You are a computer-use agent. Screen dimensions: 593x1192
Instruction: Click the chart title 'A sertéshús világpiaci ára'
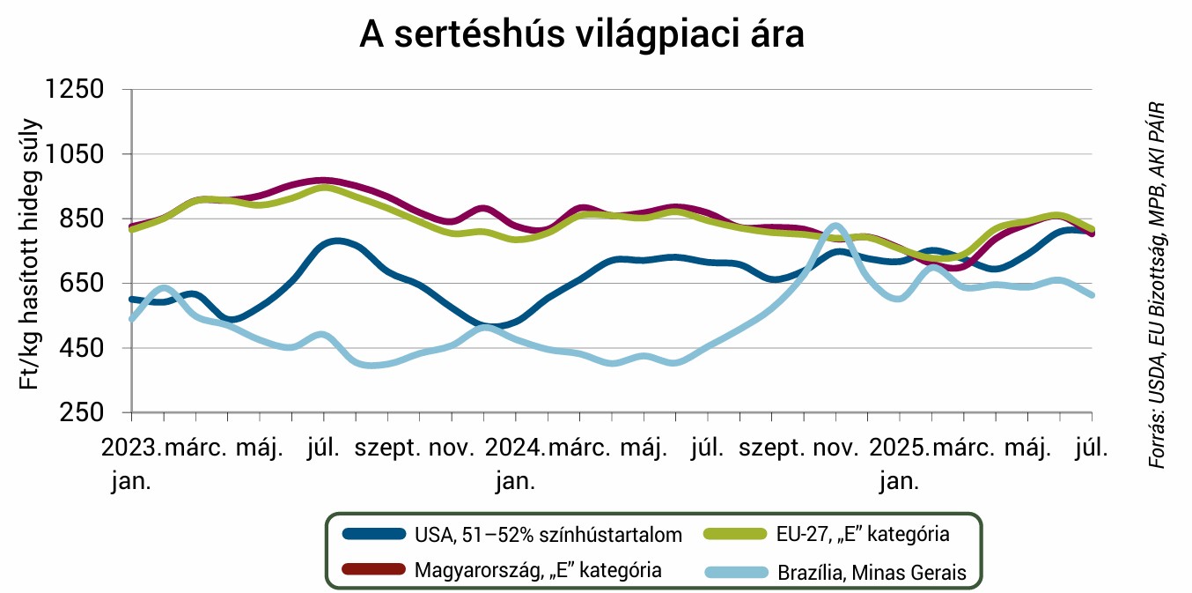[582, 35]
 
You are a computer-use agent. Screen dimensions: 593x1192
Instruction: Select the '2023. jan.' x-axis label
[131, 463]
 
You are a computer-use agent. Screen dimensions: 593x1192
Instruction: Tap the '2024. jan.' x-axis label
[515, 463]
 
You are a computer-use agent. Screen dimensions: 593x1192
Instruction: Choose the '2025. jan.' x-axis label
[899, 463]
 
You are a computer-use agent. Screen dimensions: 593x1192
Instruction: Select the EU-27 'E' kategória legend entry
[862, 534]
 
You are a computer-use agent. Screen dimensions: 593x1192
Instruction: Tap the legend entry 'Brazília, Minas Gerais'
[872, 573]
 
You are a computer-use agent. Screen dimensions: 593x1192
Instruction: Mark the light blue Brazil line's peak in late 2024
[835, 226]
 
